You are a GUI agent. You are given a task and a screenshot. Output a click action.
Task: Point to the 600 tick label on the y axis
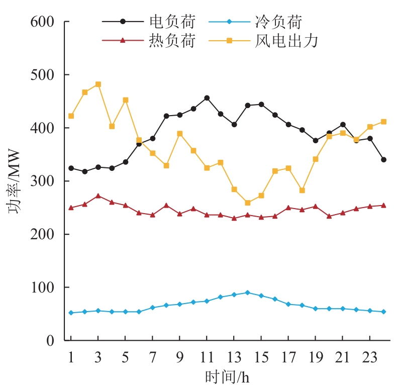click(44, 22)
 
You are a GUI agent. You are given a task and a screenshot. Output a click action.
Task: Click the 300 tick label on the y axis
click(44, 181)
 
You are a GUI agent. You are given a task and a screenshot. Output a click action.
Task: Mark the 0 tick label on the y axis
click(50, 341)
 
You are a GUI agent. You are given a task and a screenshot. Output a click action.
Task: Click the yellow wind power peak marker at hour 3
click(98, 84)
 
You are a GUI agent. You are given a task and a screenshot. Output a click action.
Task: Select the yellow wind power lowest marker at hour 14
click(248, 203)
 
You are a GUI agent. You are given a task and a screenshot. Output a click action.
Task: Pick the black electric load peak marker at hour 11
click(207, 98)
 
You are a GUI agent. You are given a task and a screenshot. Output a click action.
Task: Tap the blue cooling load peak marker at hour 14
click(248, 293)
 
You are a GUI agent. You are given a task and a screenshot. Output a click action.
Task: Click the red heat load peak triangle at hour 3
click(98, 196)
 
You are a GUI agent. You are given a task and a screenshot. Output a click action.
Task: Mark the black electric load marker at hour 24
click(383, 160)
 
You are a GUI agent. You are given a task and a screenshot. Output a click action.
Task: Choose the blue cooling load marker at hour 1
click(71, 313)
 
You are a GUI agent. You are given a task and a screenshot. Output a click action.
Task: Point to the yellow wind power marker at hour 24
click(383, 122)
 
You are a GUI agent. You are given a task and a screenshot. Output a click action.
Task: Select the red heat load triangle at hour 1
click(71, 208)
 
